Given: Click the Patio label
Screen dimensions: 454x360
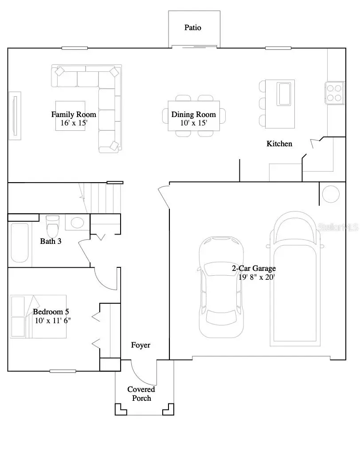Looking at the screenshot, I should (193, 27).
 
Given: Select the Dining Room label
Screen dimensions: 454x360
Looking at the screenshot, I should (194, 114).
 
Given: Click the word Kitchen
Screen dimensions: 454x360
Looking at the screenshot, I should (279, 143).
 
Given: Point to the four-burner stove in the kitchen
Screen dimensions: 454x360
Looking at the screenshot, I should (335, 93).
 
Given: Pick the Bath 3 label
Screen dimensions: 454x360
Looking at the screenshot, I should (51, 241).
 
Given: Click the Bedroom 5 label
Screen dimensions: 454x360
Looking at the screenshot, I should (51, 312).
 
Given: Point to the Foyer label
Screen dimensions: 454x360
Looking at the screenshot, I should (141, 345).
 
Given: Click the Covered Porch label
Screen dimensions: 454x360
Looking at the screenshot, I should (141, 394).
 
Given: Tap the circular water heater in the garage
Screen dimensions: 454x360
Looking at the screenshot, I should (330, 194).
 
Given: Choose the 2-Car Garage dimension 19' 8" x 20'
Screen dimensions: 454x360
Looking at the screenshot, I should (257, 278).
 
